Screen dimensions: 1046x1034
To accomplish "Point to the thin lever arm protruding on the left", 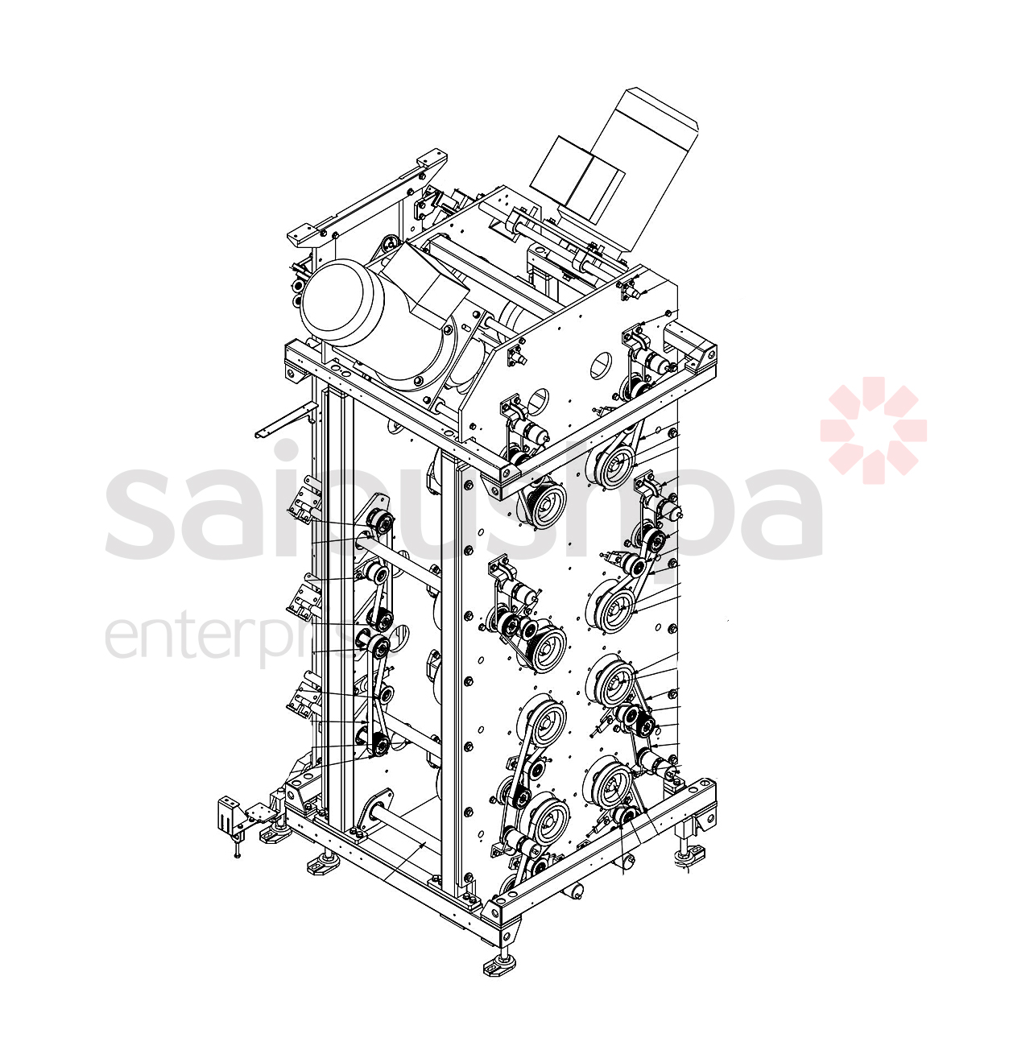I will click(x=282, y=422).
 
